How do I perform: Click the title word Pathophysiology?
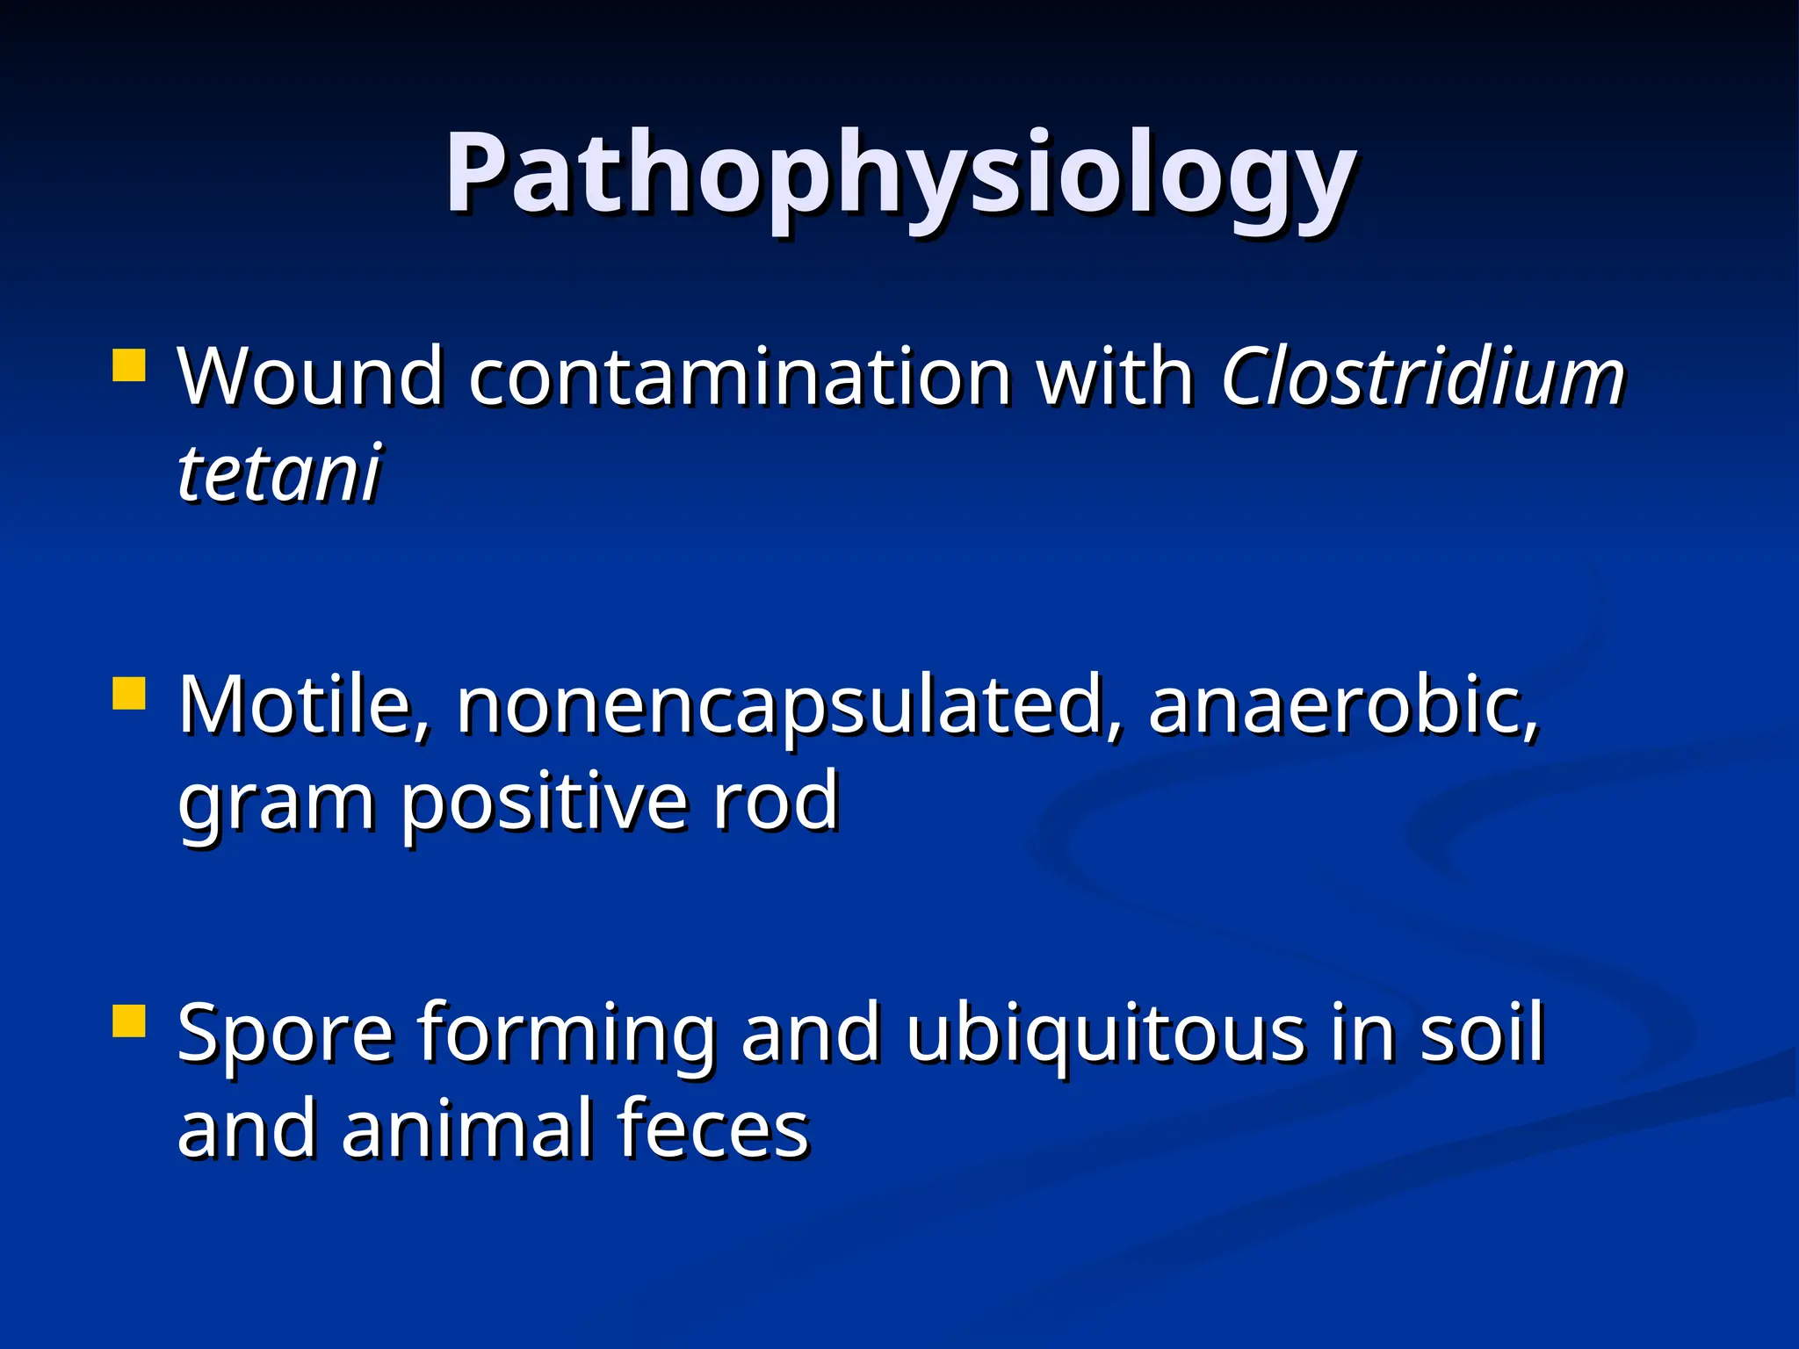tap(899, 174)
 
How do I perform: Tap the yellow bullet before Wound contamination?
tap(129, 365)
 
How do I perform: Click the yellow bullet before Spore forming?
tap(129, 1021)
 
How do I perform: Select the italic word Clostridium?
tap(1423, 378)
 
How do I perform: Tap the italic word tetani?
tap(279, 474)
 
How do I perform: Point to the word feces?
tap(712, 1129)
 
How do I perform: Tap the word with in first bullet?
tap(1116, 378)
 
